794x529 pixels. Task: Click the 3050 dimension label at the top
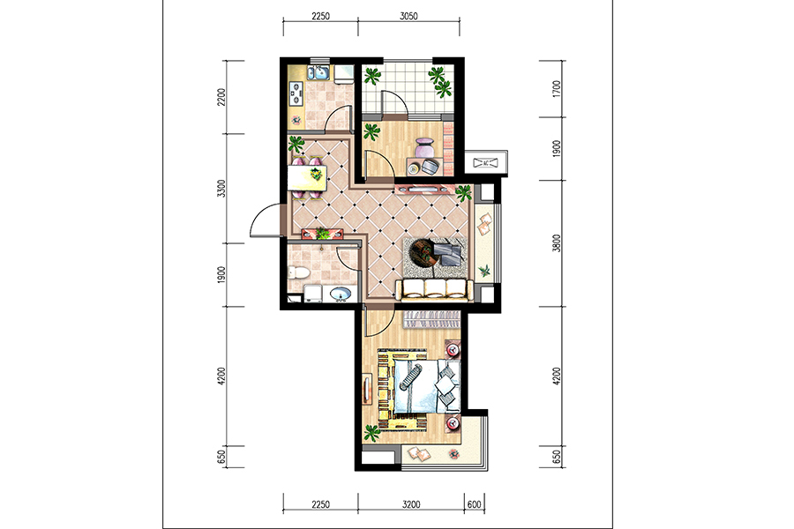point(408,16)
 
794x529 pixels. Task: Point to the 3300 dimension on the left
point(221,189)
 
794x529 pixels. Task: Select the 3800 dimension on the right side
point(557,243)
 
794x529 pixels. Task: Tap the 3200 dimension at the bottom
point(411,504)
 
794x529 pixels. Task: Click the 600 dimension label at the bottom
point(475,504)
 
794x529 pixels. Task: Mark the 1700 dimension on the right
point(557,88)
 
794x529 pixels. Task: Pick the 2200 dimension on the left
point(221,97)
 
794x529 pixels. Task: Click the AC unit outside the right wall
point(485,163)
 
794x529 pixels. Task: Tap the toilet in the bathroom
point(298,273)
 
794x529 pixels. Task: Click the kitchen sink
point(319,73)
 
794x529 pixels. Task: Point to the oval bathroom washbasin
point(340,294)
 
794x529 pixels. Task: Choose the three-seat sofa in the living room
point(434,289)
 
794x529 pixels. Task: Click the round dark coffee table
point(423,251)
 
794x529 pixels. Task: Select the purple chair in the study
point(423,147)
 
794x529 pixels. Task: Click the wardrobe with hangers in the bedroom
point(431,319)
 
